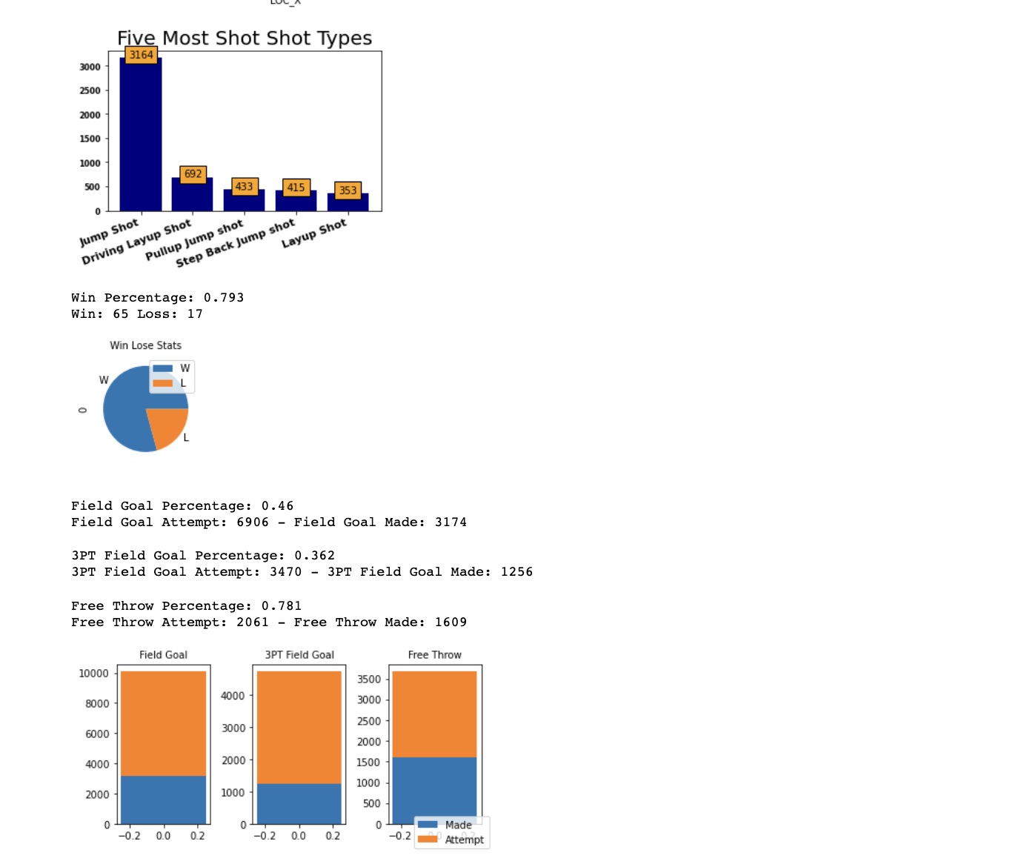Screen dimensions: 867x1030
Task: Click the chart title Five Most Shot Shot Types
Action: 245,38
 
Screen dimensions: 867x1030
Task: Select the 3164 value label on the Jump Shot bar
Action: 141,55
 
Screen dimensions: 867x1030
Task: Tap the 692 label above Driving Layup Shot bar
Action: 193,173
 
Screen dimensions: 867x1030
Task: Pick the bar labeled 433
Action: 244,200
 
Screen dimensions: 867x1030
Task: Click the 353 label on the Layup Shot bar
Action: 348,190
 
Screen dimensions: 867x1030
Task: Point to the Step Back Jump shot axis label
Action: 236,243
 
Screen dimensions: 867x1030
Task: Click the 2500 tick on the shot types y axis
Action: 90,90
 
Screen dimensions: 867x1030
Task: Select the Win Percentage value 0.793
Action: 223,298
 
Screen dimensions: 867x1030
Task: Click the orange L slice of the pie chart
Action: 168,426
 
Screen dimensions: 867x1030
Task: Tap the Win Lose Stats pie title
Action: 145,345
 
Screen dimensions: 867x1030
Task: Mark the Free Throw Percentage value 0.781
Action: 281,606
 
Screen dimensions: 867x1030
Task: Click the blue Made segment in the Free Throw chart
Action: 434,785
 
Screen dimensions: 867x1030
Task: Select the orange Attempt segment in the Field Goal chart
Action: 163,722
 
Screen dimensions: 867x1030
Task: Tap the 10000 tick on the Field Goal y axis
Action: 93,674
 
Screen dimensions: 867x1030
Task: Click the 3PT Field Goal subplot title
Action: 299,655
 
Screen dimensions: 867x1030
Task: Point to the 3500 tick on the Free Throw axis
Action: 368,680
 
